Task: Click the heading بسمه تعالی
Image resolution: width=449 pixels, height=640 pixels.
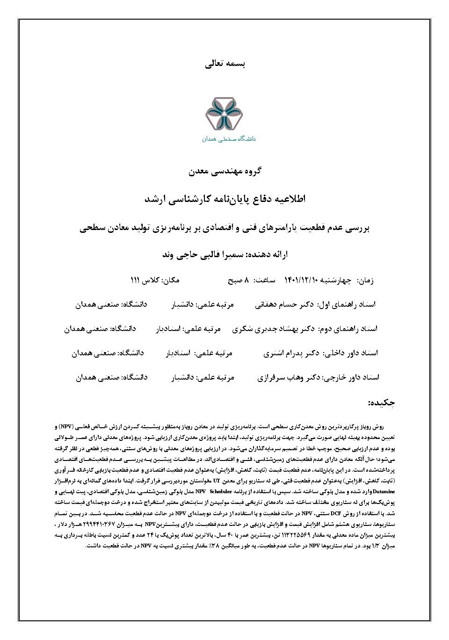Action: pos(225,64)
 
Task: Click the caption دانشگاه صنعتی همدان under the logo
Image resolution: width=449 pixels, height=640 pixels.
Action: pos(229,139)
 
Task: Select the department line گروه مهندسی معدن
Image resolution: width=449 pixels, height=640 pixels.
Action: pos(225,172)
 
